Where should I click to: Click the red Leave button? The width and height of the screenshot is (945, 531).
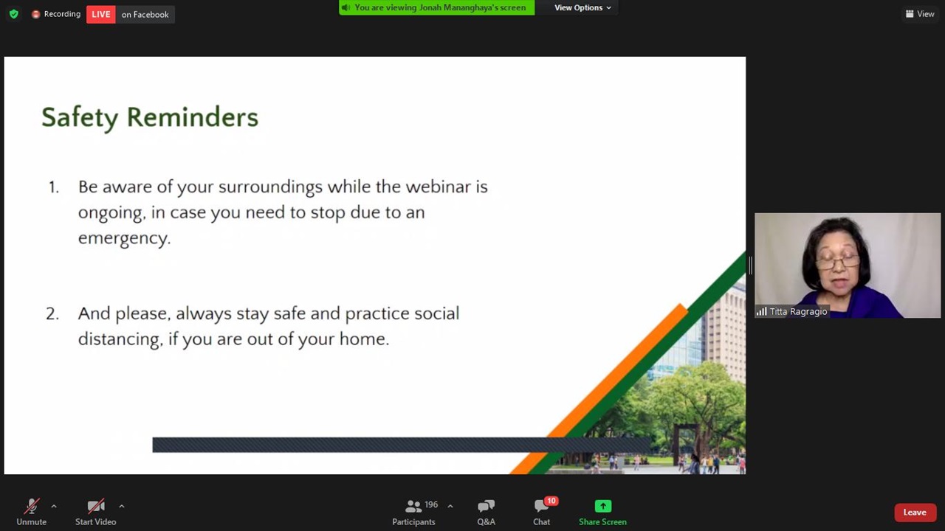coord(915,513)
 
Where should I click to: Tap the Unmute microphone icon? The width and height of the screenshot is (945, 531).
coord(31,506)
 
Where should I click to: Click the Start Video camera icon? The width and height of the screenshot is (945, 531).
coord(96,506)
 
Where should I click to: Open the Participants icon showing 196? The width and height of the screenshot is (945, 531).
coord(413,506)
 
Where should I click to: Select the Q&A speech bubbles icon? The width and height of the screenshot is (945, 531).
coord(486,506)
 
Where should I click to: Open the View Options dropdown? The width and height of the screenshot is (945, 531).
coord(583,7)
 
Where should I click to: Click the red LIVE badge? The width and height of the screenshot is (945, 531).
coord(101,14)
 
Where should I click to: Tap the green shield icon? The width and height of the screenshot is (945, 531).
coord(14,14)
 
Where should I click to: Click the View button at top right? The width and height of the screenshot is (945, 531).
coord(920,14)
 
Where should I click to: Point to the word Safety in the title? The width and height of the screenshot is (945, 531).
coord(80,117)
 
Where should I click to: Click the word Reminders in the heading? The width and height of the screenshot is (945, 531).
coord(193,117)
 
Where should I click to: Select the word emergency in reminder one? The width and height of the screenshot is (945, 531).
coord(125,238)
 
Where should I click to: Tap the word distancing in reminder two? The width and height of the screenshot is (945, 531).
coord(120,339)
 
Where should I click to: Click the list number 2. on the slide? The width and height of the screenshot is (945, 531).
coord(52,314)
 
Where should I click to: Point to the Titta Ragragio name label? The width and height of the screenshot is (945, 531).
coord(793,311)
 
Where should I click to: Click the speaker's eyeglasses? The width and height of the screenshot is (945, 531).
coord(838,263)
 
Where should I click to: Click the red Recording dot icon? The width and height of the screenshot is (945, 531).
coord(36,14)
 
